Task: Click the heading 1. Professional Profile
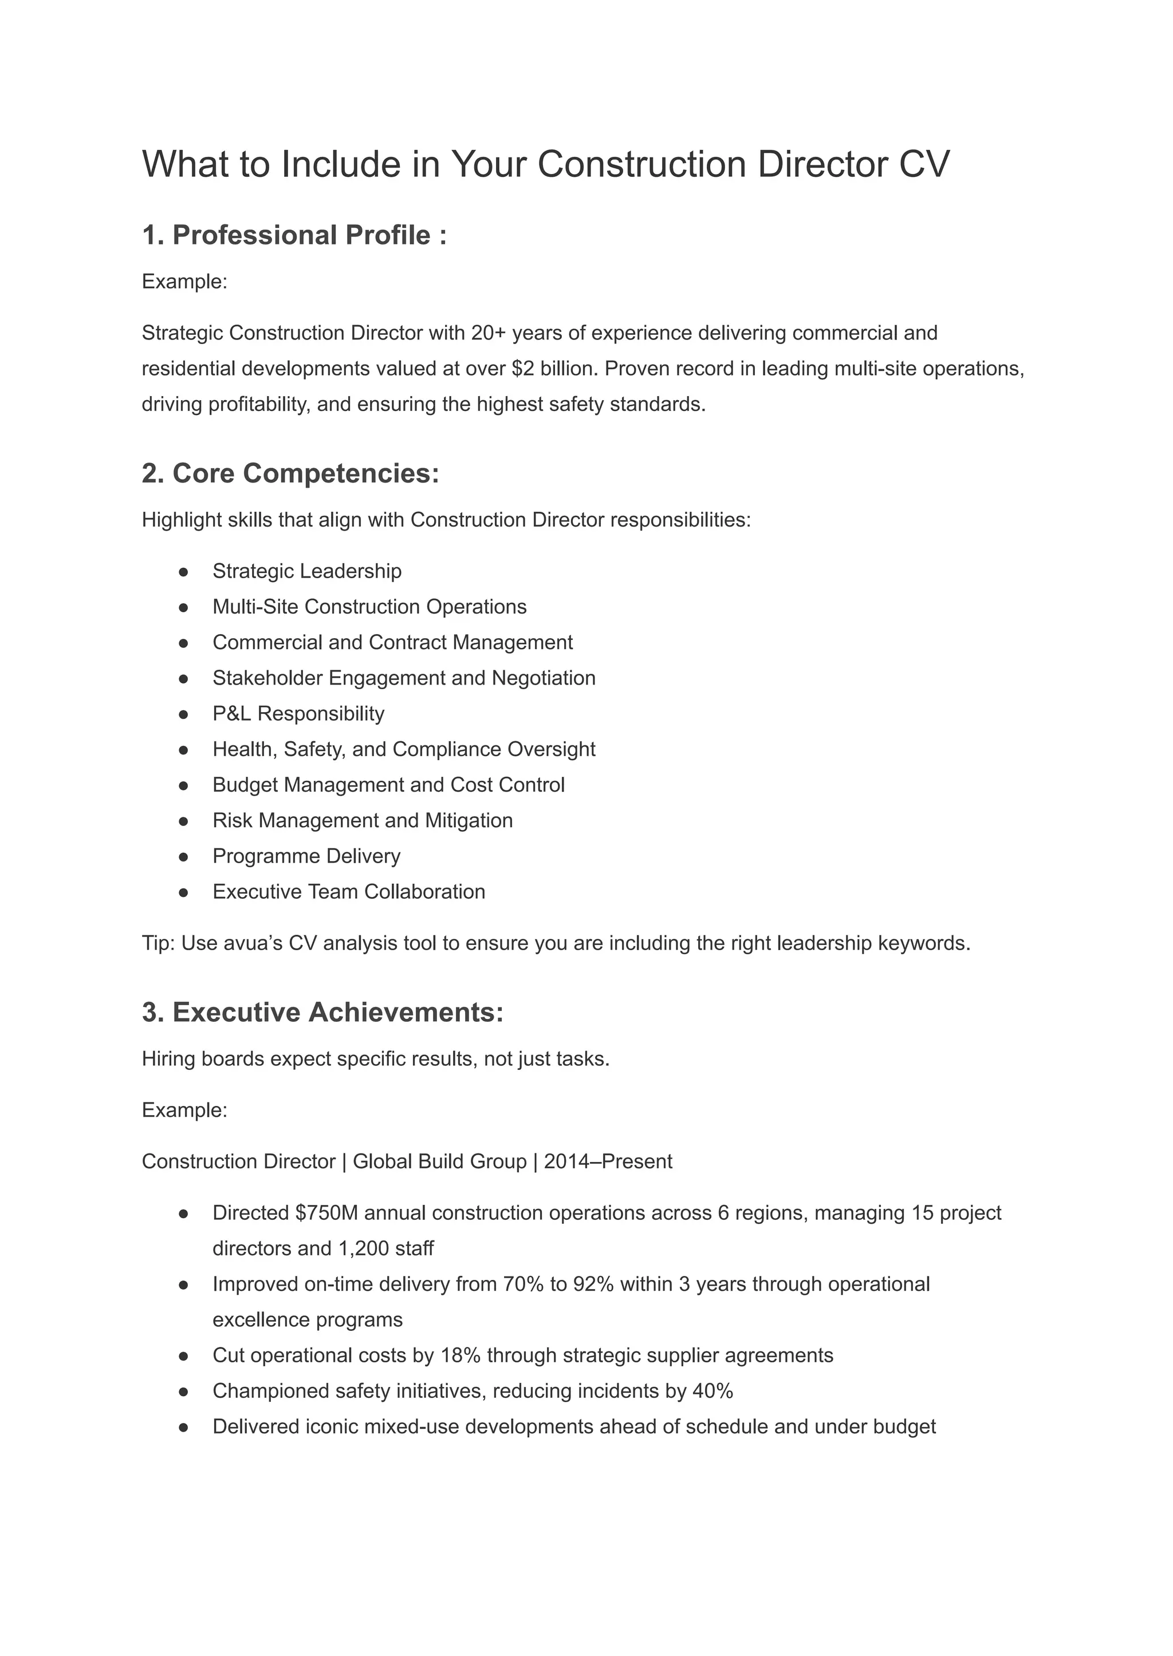point(294,235)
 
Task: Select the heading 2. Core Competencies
point(290,473)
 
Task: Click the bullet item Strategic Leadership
point(306,571)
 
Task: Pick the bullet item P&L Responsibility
point(298,713)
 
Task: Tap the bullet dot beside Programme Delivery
point(183,856)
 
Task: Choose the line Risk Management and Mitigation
point(362,820)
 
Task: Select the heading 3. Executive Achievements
point(322,1012)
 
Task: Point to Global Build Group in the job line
point(439,1161)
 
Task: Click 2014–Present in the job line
point(608,1161)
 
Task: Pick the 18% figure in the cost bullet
point(459,1355)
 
